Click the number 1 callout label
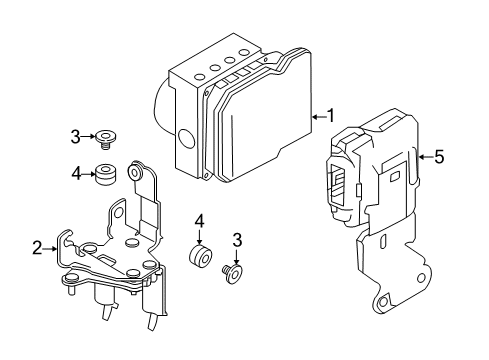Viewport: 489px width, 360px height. (331, 117)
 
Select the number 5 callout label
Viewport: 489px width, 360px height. (437, 155)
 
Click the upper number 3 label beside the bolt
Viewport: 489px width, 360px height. (75, 135)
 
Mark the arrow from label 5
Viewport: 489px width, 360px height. (423, 155)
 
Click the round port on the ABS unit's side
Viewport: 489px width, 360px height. (186, 140)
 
